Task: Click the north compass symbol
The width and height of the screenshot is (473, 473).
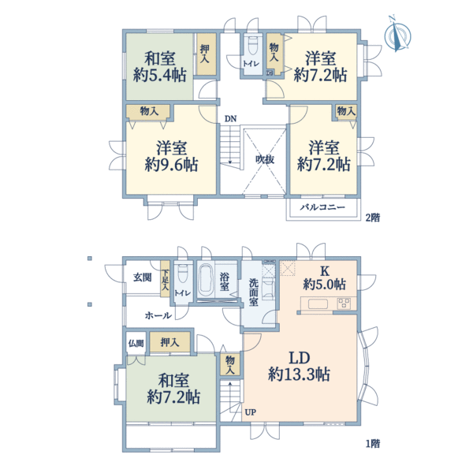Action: point(399,36)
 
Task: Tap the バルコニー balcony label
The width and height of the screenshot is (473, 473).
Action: point(322,207)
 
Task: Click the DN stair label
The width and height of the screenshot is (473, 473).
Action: point(229,119)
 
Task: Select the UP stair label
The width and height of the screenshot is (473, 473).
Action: point(250,412)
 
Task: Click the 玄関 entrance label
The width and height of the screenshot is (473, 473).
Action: point(143,277)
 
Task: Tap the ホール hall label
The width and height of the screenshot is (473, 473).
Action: point(158,315)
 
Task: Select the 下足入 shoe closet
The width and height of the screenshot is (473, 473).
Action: point(166,280)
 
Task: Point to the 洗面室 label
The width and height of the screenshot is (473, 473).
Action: point(253,291)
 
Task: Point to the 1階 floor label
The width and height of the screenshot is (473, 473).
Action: point(371,444)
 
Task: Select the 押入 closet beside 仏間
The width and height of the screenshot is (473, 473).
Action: point(168,342)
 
